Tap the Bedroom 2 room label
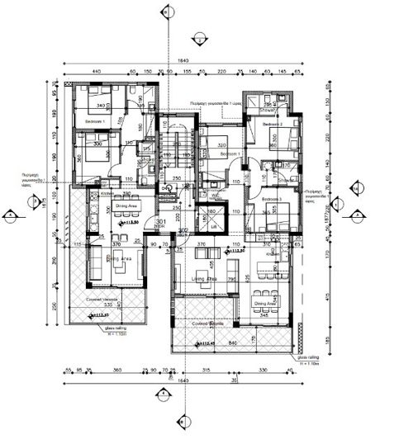273,124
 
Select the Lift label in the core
213,225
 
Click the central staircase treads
175,149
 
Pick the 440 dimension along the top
97,73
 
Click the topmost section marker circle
169,12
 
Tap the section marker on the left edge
10,216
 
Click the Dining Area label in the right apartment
262,302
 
